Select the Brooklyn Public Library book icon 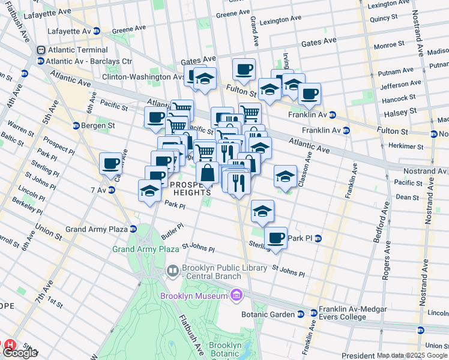point(173,271)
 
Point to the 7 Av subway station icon point(112,190)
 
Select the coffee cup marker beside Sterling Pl point(276,238)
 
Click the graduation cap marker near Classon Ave point(285,175)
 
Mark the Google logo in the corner point(20,353)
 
